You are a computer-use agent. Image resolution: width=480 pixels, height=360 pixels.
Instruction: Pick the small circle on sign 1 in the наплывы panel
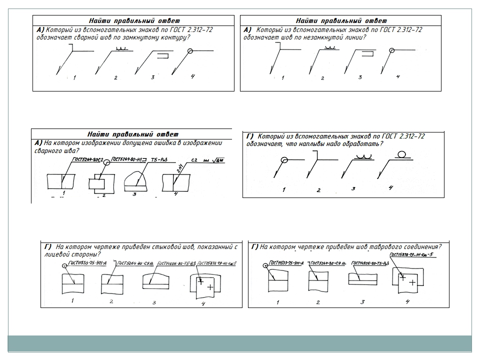(x=284, y=160)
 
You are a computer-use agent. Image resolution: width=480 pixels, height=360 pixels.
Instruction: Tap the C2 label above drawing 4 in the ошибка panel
(x=195, y=160)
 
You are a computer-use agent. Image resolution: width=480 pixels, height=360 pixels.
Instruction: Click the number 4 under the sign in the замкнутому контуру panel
(x=192, y=76)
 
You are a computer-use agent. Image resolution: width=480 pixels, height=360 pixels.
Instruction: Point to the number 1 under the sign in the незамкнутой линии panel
(x=283, y=78)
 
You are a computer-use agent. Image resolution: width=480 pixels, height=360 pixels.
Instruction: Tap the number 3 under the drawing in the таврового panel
(x=362, y=301)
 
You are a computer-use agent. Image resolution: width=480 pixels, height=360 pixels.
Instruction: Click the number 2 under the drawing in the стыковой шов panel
(x=111, y=301)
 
